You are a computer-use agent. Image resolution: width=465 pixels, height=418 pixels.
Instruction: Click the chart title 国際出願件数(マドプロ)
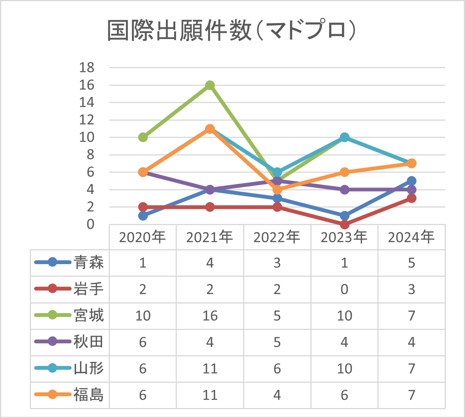(x=232, y=31)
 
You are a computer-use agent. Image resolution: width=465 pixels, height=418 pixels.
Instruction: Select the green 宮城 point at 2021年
(x=210, y=85)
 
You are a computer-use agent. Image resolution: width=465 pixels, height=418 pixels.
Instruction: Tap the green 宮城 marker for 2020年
(x=143, y=137)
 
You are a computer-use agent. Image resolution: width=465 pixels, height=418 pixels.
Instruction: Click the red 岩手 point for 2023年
(x=344, y=224)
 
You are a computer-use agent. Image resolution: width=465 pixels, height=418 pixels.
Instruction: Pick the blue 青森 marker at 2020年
(x=143, y=216)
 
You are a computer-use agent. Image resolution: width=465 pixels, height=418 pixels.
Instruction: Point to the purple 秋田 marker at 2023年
(x=344, y=189)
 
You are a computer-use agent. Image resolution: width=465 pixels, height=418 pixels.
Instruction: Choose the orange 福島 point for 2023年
(x=344, y=172)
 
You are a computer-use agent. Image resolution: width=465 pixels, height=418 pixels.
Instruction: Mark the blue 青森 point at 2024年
(x=411, y=181)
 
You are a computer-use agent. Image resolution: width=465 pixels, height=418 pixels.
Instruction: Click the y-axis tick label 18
(x=86, y=67)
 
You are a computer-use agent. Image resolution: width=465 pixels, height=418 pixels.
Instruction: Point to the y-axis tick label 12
(x=86, y=120)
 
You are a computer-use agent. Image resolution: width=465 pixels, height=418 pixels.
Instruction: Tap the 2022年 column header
(x=277, y=237)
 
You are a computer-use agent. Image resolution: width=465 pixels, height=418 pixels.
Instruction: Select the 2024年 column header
(x=411, y=237)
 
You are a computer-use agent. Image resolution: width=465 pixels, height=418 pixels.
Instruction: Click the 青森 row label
(x=89, y=263)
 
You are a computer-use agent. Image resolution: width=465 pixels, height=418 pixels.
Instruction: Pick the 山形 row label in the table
(x=89, y=368)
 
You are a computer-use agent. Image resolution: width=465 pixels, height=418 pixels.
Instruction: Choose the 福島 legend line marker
(x=52, y=395)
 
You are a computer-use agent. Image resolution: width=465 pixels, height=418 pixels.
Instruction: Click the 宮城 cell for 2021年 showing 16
(x=210, y=316)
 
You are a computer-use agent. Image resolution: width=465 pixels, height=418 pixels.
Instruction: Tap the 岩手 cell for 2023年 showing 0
(x=344, y=289)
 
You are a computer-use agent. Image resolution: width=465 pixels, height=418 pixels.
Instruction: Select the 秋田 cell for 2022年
(x=277, y=342)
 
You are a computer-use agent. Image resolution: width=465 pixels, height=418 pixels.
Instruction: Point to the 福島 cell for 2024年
(x=411, y=395)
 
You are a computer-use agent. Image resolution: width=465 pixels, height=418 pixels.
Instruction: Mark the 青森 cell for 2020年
(x=143, y=263)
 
